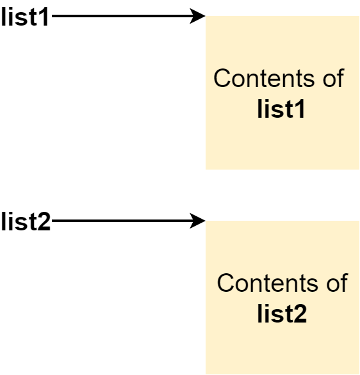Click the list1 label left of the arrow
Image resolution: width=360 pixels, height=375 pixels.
25,17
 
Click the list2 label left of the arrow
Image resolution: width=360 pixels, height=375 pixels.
26,221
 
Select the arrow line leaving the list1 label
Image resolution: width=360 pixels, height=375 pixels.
129,16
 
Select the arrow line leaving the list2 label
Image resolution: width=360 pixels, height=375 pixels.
129,221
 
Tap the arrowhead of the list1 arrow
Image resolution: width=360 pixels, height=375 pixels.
198,16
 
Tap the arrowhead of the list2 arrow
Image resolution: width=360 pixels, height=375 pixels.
198,221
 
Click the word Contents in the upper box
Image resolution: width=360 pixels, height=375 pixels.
264,78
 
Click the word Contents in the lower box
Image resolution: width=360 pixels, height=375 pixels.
268,283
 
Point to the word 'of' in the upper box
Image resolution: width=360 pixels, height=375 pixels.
334,77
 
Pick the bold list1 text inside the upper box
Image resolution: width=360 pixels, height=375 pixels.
281,109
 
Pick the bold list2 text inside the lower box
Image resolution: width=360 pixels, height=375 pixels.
282,314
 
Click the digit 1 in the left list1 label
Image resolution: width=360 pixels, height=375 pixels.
44,17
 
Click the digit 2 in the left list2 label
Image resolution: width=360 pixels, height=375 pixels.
45,221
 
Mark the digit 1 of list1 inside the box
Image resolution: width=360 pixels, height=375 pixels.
299,109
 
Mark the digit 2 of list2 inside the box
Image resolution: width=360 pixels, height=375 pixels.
300,314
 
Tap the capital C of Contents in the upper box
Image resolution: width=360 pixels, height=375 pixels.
223,78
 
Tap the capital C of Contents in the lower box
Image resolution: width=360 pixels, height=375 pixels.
226,283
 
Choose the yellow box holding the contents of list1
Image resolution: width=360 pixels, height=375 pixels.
282,93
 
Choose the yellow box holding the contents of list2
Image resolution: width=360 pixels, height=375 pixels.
282,298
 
